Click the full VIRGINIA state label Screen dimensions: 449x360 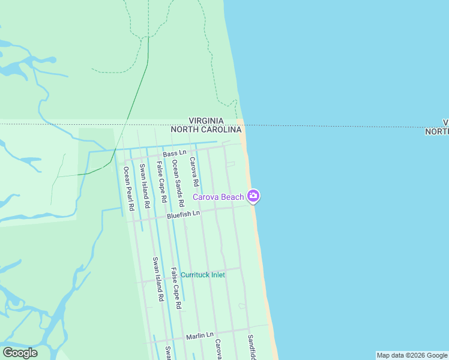pyautogui.click(x=206, y=121)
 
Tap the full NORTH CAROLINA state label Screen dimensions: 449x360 pyautogui.click(x=206, y=130)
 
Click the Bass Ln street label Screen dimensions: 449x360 pyautogui.click(x=175, y=154)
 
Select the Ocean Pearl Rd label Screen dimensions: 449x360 pyautogui.click(x=127, y=184)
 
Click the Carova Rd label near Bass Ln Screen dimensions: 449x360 pyautogui.click(x=194, y=172)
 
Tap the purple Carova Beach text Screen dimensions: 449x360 pyautogui.click(x=218, y=197)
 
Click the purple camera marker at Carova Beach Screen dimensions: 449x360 pyautogui.click(x=253, y=196)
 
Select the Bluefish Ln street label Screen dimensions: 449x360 pyautogui.click(x=183, y=214)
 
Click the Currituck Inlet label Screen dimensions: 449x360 pyautogui.click(x=203, y=275)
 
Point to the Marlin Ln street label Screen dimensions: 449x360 pyautogui.click(x=199, y=335)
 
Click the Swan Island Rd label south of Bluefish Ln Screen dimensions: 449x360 pyautogui.click(x=158, y=279)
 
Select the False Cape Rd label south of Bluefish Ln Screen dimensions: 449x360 pyautogui.click(x=176, y=288)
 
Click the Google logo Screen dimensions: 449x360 pyautogui.click(x=20, y=353)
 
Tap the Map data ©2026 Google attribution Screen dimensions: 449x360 pyautogui.click(x=412, y=355)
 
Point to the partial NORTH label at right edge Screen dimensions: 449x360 pyautogui.click(x=437, y=131)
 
